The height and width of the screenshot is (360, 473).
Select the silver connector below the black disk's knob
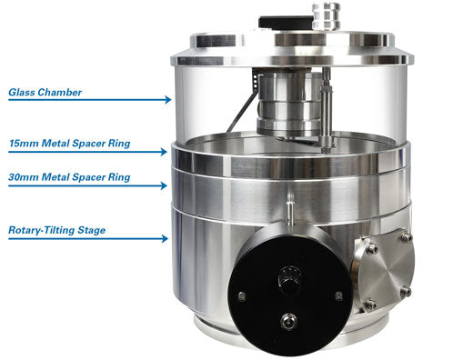coord(289,320)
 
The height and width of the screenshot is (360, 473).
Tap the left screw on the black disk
coord(242,296)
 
